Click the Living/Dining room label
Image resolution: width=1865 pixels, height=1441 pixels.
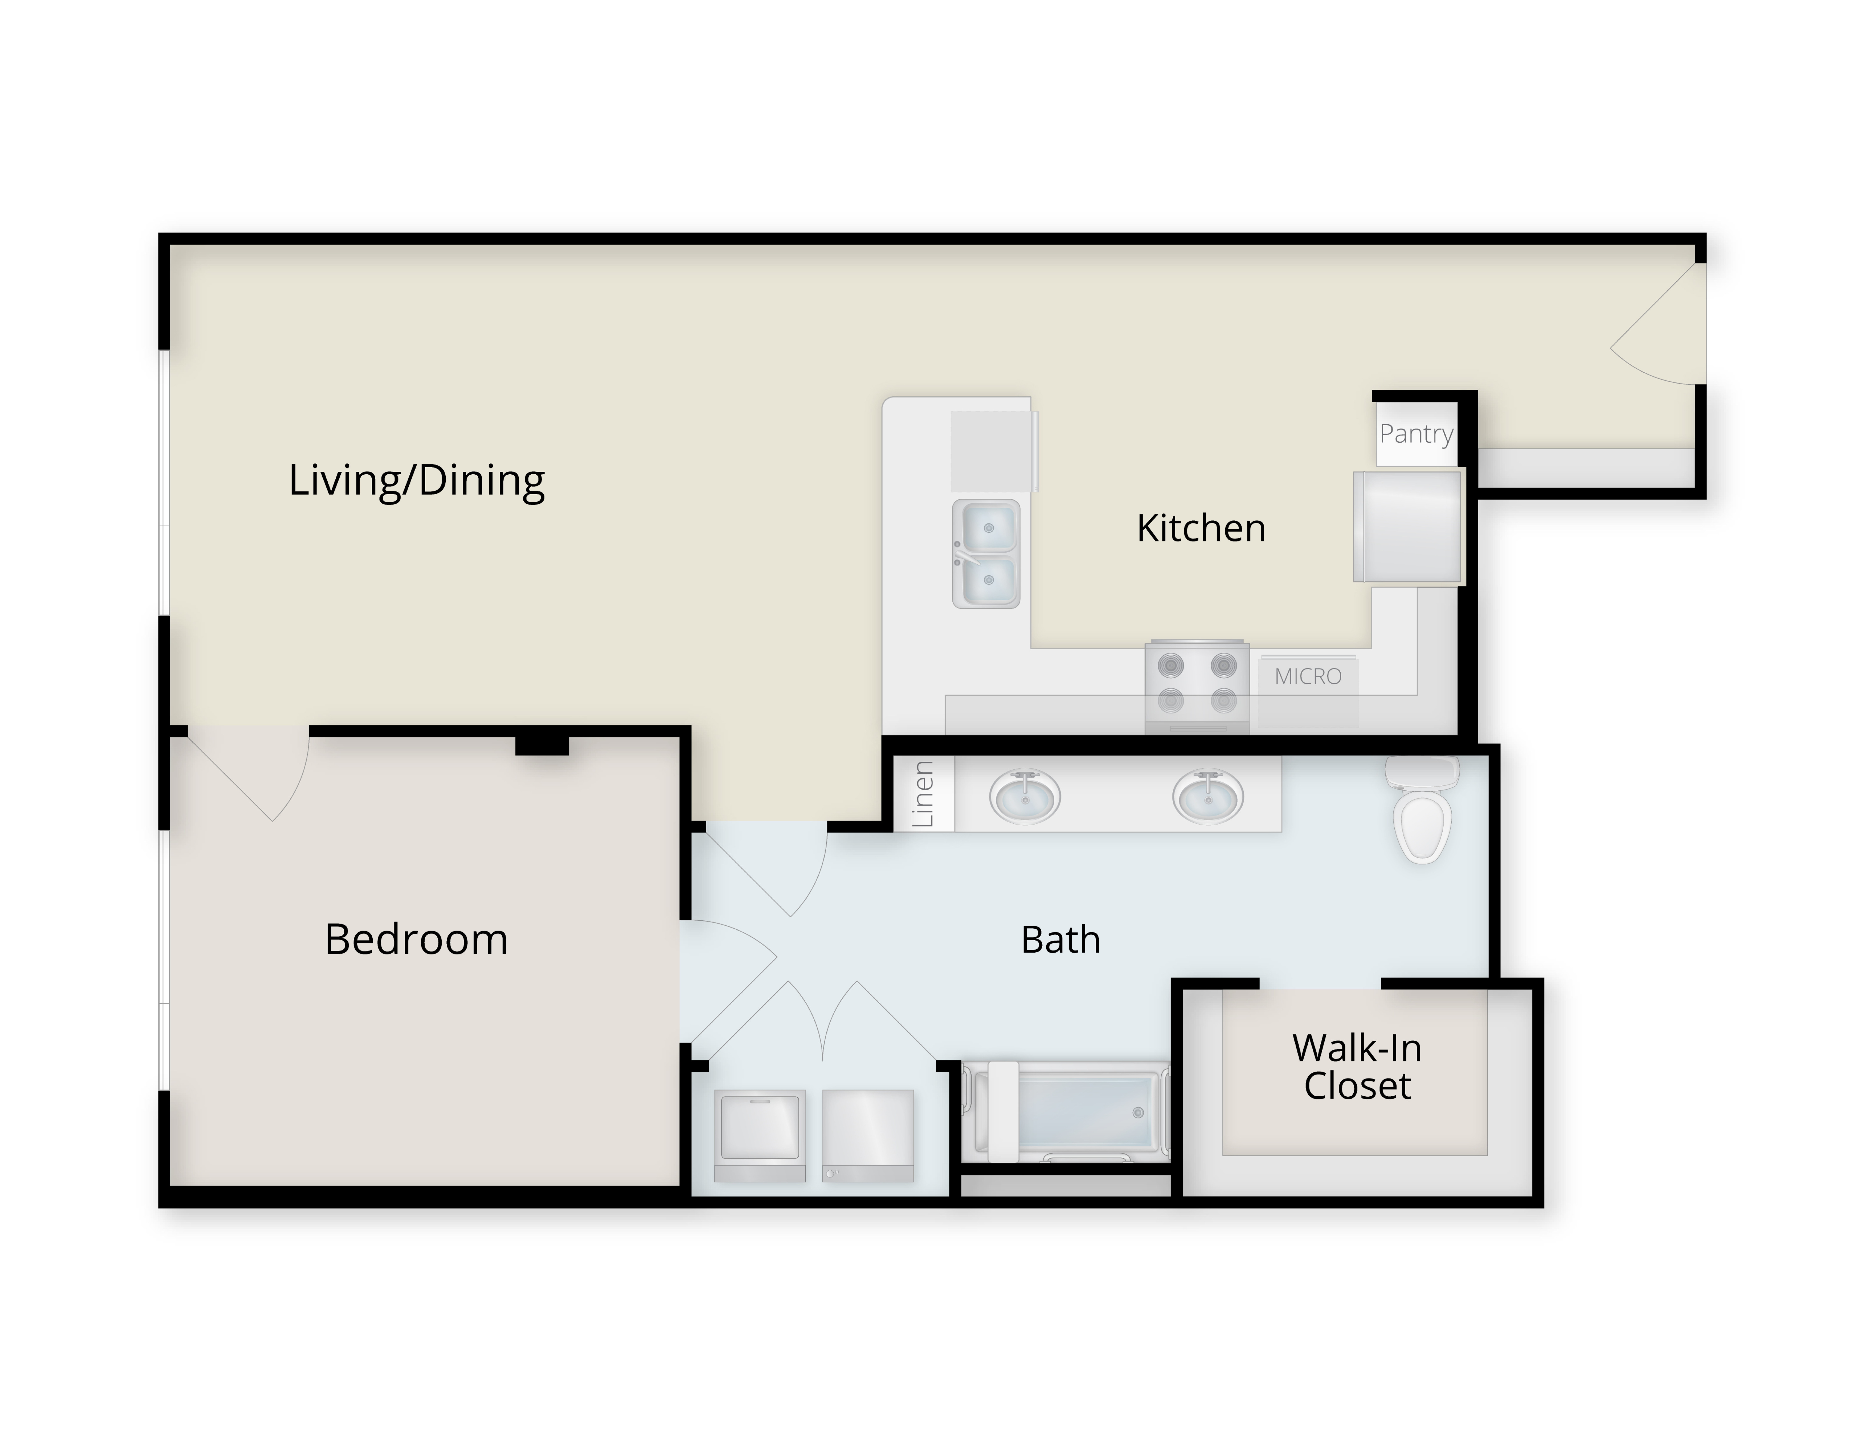[x=417, y=481]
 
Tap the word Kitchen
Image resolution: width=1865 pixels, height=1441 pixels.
[x=1201, y=528]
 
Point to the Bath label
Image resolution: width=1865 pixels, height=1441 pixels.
[x=1061, y=940]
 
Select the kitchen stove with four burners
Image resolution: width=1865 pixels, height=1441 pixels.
[x=1197, y=686]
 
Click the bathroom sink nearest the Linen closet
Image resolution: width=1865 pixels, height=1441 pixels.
[x=1025, y=796]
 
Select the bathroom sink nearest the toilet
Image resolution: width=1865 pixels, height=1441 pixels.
[x=1208, y=796]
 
